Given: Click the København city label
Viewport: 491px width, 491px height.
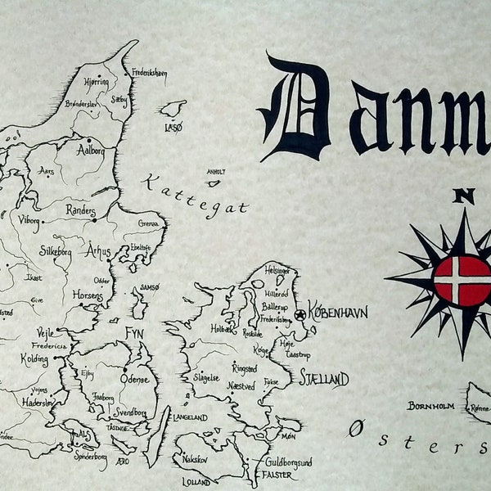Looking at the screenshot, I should tap(338, 312).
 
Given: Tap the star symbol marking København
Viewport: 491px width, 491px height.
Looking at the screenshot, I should tap(300, 314).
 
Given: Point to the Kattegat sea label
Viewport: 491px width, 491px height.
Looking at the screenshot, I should tap(195, 195).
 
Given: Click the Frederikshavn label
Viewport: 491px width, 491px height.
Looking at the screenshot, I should tap(149, 73).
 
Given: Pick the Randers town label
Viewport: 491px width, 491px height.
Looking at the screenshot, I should tap(80, 211).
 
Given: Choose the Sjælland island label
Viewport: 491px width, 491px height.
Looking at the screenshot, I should tap(324, 379).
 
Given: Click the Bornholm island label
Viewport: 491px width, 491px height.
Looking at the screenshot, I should tap(430, 406).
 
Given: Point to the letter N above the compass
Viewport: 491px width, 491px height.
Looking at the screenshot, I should tap(464, 196).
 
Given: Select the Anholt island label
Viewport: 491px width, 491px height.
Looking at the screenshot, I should tap(216, 172).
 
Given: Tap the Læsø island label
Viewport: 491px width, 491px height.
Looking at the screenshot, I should tap(173, 128).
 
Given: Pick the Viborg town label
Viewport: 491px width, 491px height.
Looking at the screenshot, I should tap(29, 219).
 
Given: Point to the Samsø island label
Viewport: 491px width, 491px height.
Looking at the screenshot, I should tap(151, 287).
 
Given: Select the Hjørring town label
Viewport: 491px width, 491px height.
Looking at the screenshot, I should tap(97, 82).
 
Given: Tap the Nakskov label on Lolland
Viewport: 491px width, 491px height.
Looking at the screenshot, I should tap(195, 459).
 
